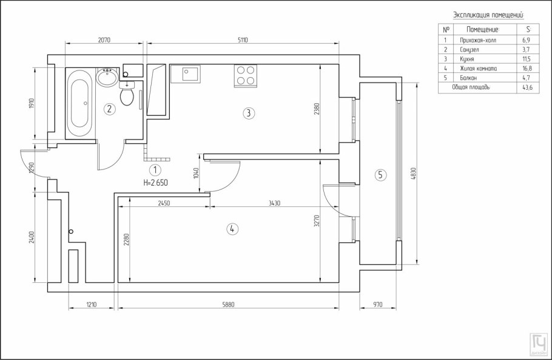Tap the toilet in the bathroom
(127, 94)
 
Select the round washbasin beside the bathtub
(108, 78)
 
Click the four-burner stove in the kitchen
(245, 75)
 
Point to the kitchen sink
(185, 75)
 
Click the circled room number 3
(247, 112)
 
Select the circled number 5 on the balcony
(380, 175)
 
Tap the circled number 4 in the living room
(231, 229)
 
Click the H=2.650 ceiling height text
(155, 182)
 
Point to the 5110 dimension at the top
(243, 40)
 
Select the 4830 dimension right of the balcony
(414, 175)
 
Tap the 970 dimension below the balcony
(379, 304)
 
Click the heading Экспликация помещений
(488, 15)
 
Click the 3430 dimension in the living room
(274, 203)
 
